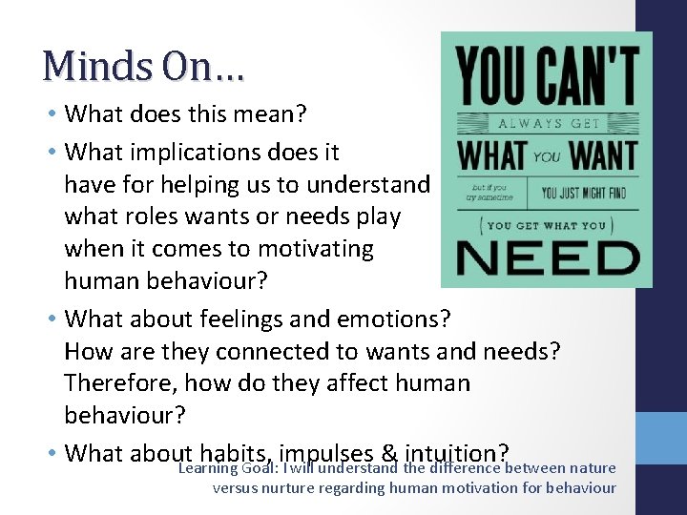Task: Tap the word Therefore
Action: (x=118, y=383)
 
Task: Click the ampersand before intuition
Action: (x=389, y=452)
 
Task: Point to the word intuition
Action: (x=457, y=452)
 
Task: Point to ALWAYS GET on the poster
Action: (x=545, y=124)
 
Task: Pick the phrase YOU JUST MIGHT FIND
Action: (x=584, y=194)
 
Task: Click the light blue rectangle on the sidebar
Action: (x=661, y=438)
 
